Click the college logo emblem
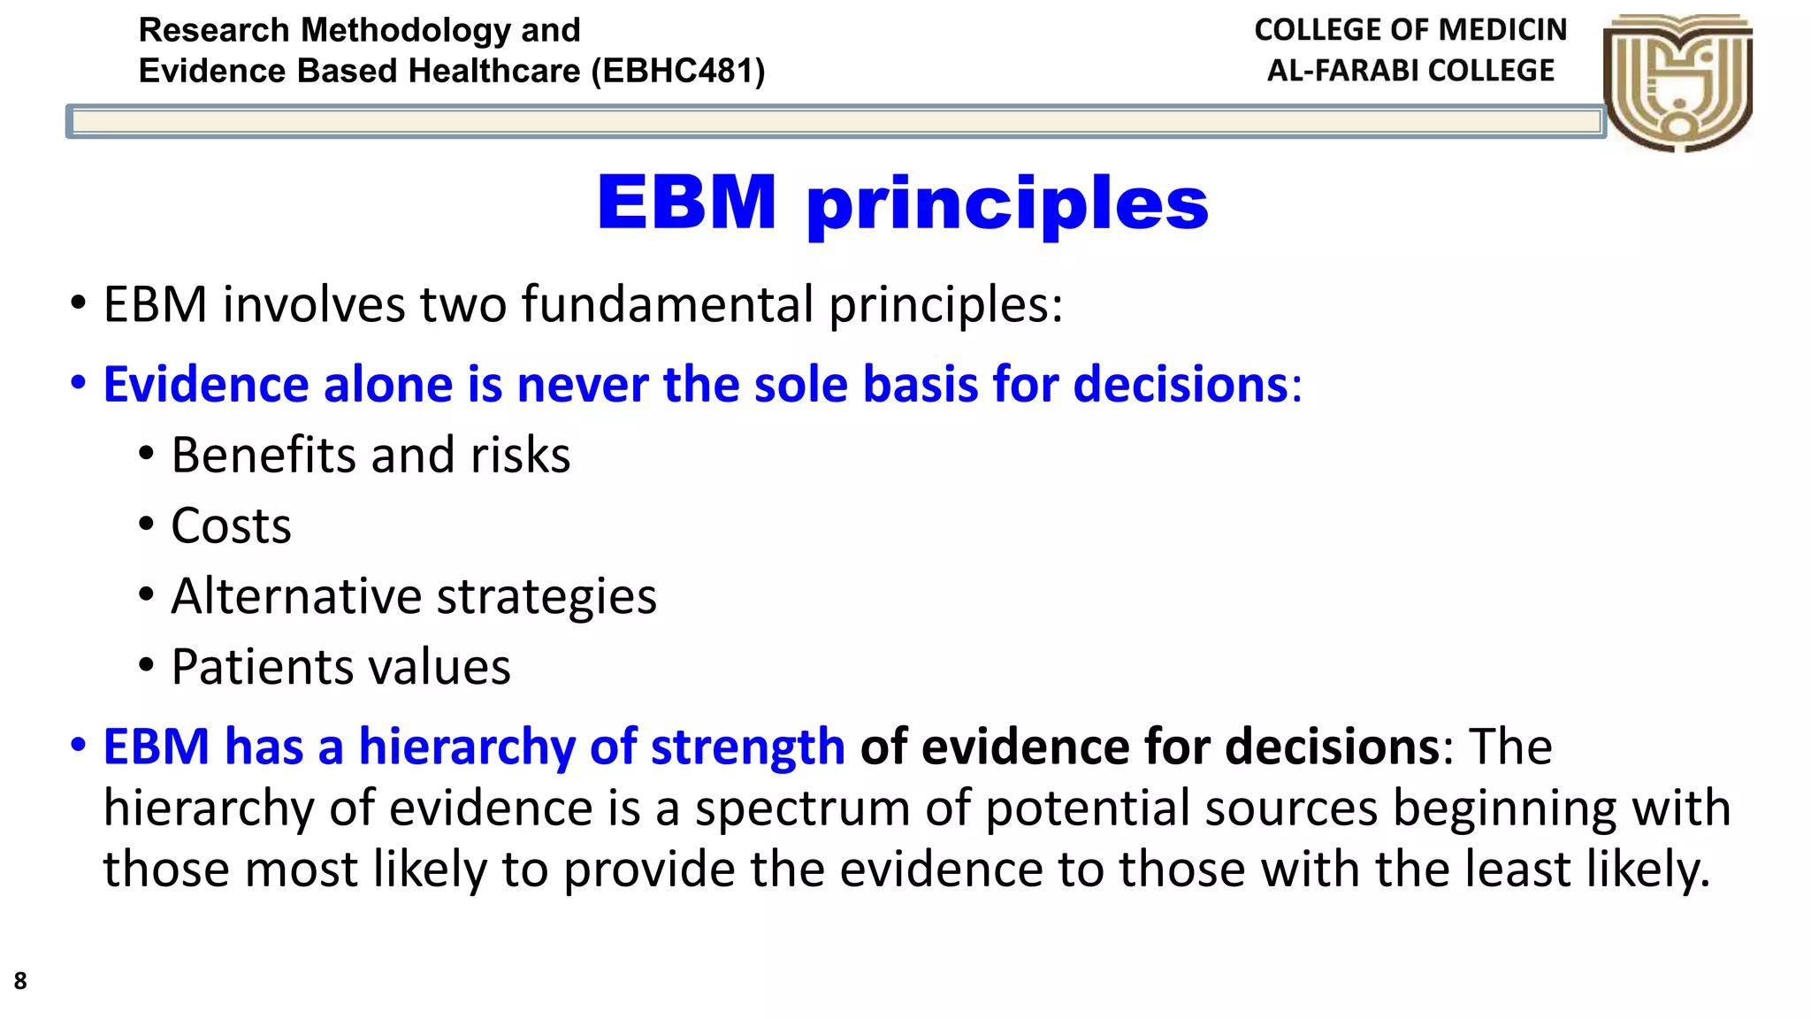pos(1677,82)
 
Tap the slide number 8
pos(19,981)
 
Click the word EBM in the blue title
pos(686,203)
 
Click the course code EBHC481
pos(677,71)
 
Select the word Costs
pos(231,526)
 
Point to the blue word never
pos(583,385)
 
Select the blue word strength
pos(747,747)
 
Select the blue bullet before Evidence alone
pos(79,384)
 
